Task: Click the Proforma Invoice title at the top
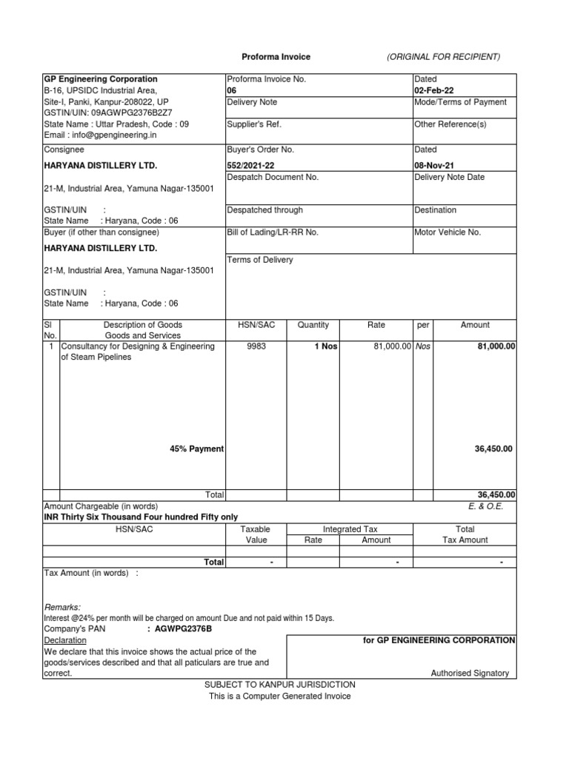tap(276, 57)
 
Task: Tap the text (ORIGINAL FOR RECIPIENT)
tap(444, 57)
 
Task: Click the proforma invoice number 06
tap(231, 90)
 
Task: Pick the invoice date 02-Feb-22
tap(434, 90)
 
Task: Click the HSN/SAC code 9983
tap(256, 346)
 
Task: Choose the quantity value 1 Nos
tap(326, 346)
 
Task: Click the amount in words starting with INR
tap(142, 517)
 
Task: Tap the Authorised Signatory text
tap(470, 673)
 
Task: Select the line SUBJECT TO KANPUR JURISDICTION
tap(280, 685)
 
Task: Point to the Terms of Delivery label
tap(259, 260)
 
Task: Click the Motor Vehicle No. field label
tap(447, 232)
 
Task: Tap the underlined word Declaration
tap(65, 640)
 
